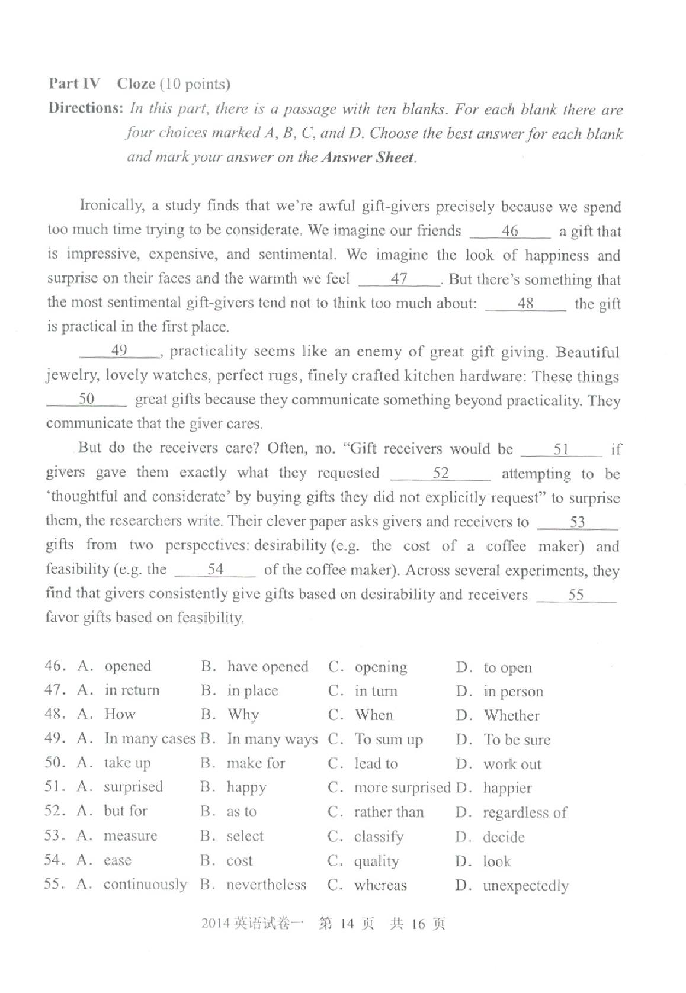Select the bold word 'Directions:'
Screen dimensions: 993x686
(86, 108)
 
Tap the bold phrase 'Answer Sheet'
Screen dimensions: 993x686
(367, 158)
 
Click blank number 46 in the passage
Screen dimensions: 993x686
(509, 232)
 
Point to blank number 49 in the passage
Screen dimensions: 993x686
(120, 351)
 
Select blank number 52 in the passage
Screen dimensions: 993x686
(441, 473)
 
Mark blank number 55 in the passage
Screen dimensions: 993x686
(576, 595)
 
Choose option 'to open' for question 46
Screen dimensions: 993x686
(508, 668)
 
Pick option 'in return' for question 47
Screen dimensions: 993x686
(132, 690)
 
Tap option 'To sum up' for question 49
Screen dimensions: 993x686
(389, 740)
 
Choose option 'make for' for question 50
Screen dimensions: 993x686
(256, 764)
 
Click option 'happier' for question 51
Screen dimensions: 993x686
(507, 789)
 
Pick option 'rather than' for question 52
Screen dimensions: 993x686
(389, 812)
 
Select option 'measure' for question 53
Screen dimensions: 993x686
(130, 836)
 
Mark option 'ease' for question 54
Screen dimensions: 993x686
(117, 860)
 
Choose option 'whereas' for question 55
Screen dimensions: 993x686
(380, 886)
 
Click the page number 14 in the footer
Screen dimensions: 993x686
(347, 924)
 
